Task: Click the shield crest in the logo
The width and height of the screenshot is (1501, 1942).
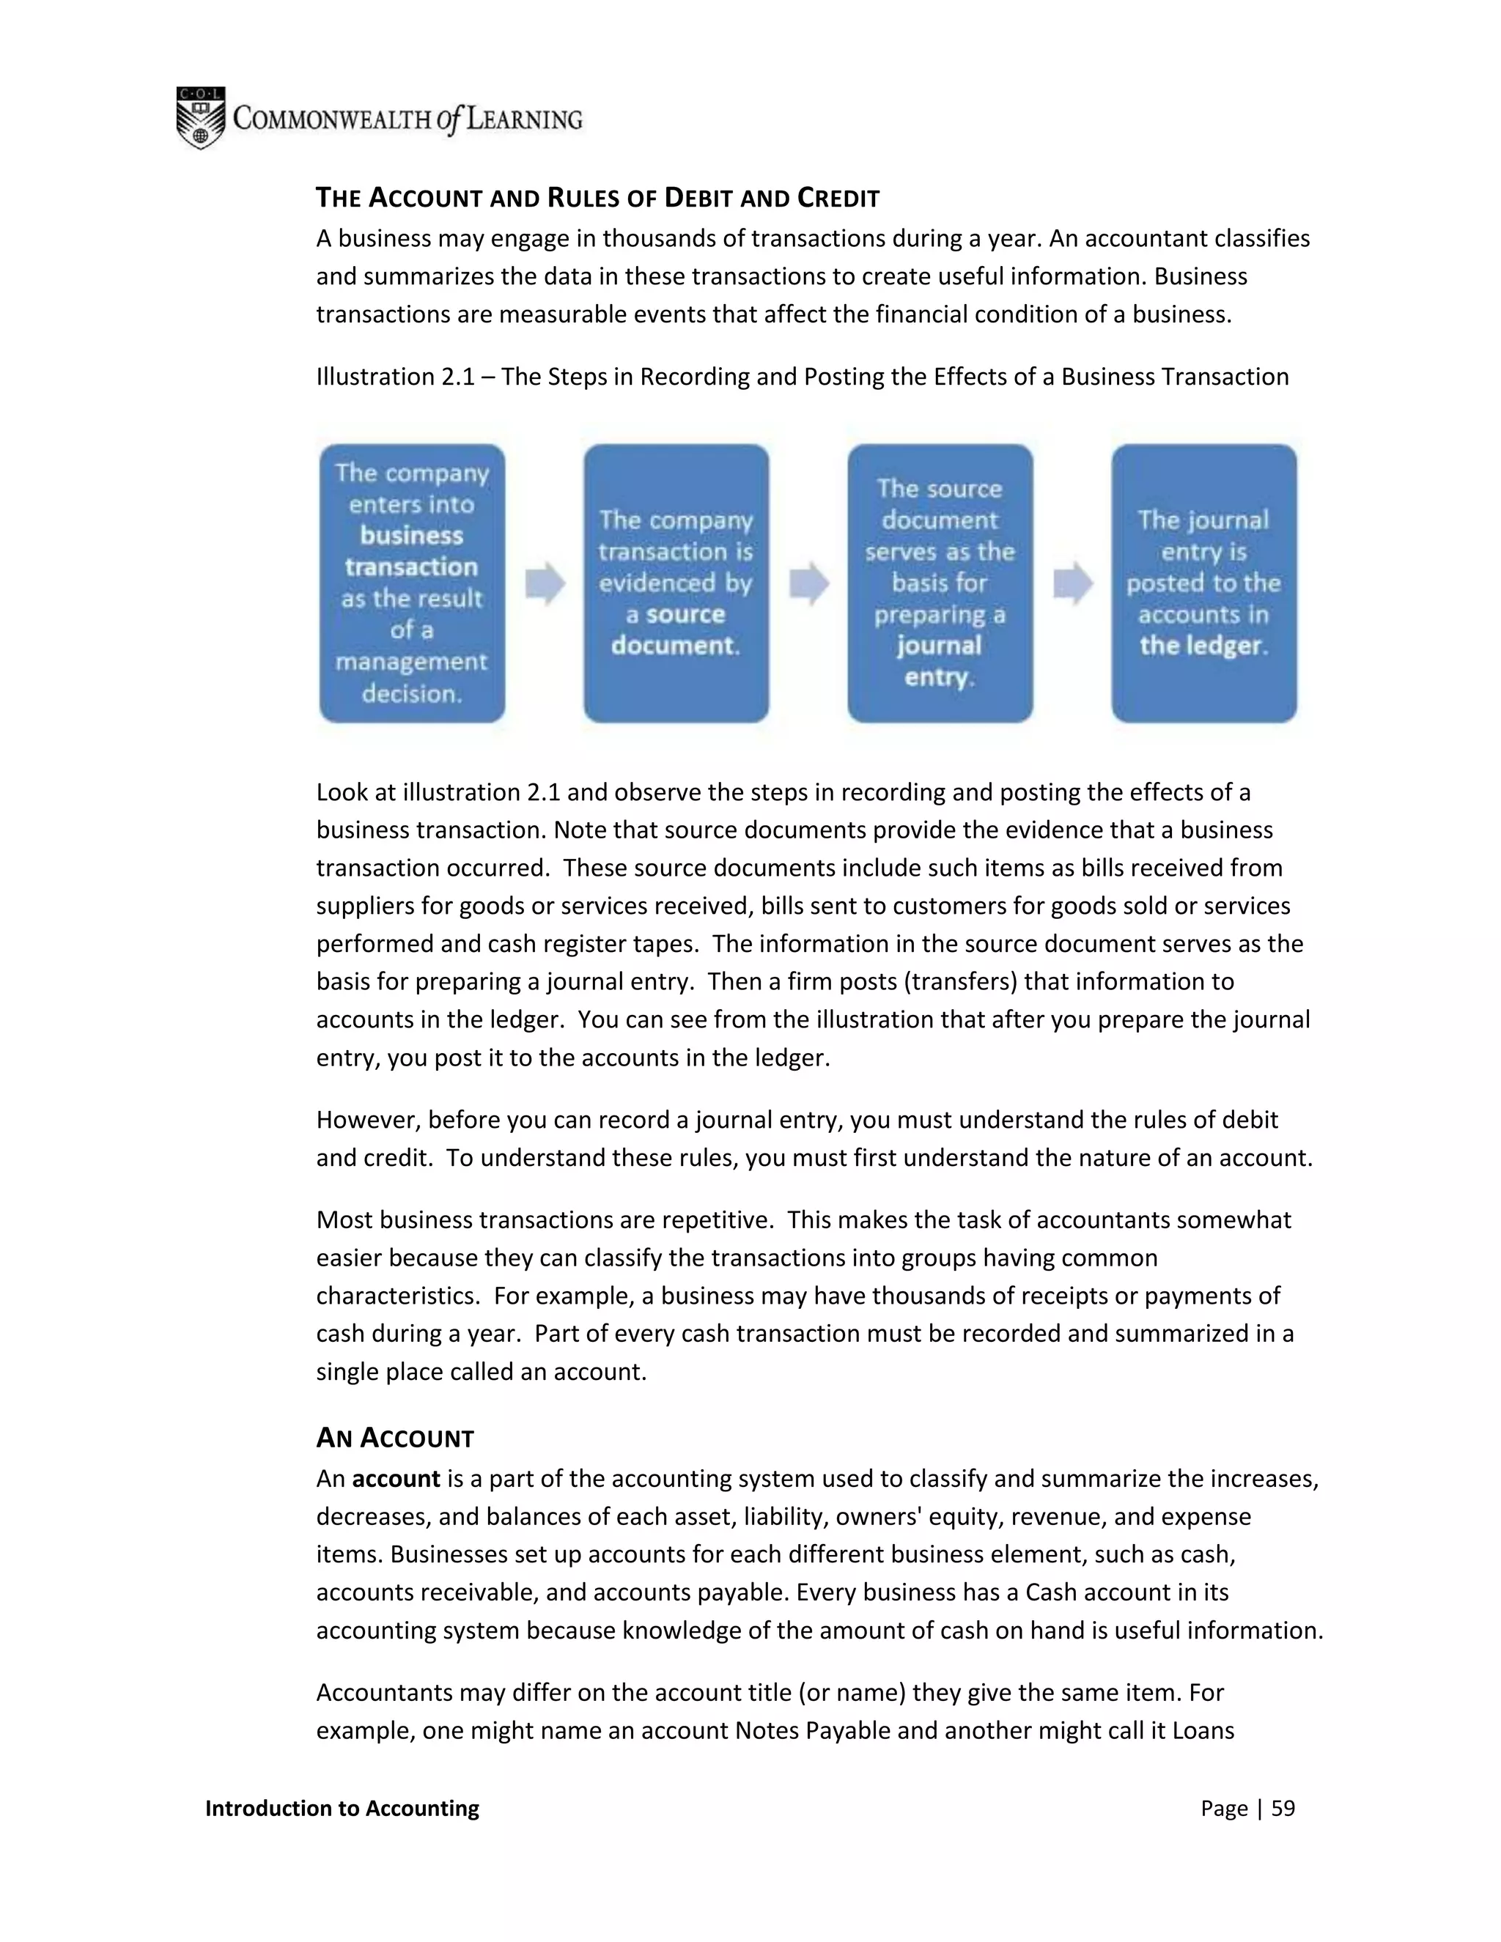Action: pos(200,118)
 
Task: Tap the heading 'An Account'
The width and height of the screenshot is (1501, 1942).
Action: pos(395,1438)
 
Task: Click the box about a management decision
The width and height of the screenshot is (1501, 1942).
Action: pos(412,583)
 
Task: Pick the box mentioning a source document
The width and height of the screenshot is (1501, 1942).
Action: pos(676,583)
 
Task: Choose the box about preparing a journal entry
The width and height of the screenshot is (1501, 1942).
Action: pos(940,583)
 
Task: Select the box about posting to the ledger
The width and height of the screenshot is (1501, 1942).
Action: pos(1204,583)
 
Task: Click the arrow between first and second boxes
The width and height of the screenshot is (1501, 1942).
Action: pos(545,583)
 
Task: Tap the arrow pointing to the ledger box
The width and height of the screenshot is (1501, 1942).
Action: pos(1072,583)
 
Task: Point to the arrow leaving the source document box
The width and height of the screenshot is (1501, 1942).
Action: pos(808,583)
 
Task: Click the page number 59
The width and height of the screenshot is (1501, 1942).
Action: pos(1283,1808)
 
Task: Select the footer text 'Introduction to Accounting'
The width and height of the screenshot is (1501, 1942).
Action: pos(342,1808)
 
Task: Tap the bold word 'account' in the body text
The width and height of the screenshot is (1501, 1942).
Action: pos(396,1479)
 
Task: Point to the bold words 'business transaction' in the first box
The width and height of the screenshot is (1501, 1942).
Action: pos(412,551)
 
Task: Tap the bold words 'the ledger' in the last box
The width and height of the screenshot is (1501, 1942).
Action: pos(1202,646)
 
